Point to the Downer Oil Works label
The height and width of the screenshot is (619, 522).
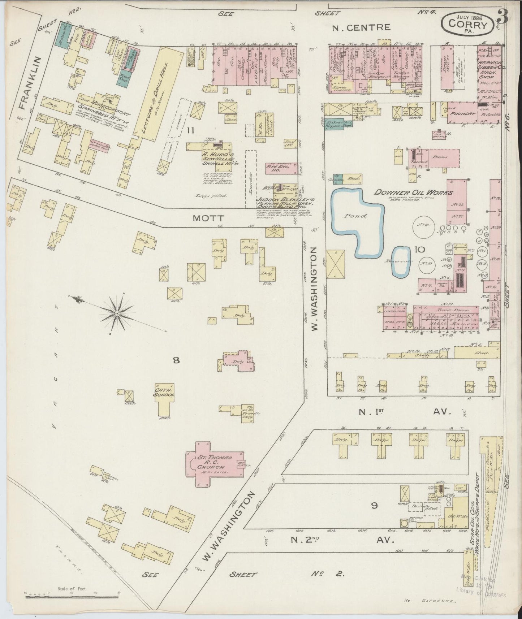pos(413,192)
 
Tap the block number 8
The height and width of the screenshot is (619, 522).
pos(176,360)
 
